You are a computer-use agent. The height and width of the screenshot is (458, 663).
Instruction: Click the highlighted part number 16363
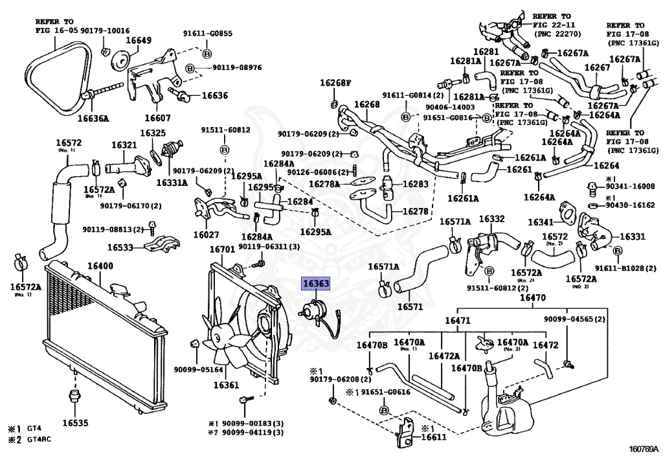pyautogui.click(x=316, y=283)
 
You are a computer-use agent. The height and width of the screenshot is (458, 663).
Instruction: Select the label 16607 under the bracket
pyautogui.click(x=157, y=118)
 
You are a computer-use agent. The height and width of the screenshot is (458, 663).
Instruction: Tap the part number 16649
pyautogui.click(x=138, y=41)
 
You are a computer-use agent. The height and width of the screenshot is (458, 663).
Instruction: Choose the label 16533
pyautogui.click(x=120, y=247)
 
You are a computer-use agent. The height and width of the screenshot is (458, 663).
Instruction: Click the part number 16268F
pyautogui.click(x=334, y=83)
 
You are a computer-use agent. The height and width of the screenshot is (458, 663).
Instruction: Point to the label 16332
pyautogui.click(x=491, y=219)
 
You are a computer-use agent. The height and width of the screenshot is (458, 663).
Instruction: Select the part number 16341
pyautogui.click(x=540, y=222)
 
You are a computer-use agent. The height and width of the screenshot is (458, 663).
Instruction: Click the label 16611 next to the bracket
pyautogui.click(x=434, y=437)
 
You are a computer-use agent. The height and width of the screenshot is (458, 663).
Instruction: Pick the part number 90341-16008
pyautogui.click(x=630, y=186)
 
